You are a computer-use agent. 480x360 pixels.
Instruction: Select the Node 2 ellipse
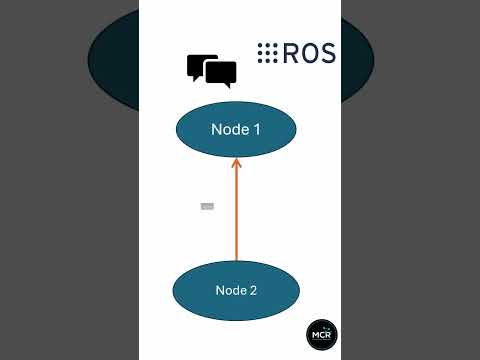[236, 290]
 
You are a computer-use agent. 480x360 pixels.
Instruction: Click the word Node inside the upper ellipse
[229, 130]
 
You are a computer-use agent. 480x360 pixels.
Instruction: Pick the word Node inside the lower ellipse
[230, 291]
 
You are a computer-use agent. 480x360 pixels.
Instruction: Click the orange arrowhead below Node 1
[236, 163]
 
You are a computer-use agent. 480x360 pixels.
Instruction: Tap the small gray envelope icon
[207, 206]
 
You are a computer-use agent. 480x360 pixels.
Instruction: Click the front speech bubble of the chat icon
[220, 72]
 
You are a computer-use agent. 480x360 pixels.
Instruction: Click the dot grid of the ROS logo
[267, 53]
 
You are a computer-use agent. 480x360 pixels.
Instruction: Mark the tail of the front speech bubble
[230, 85]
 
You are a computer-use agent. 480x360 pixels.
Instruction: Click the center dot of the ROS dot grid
[267, 53]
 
